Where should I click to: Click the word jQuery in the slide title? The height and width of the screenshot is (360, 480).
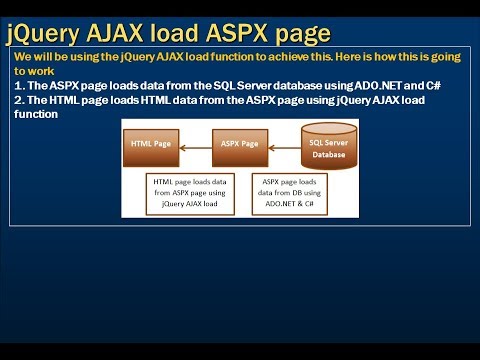click(x=44, y=34)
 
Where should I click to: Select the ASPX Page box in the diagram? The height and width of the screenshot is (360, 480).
click(x=237, y=145)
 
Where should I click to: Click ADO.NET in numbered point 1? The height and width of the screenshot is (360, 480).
click(x=381, y=85)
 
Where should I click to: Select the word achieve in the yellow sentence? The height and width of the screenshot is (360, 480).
click(x=263, y=57)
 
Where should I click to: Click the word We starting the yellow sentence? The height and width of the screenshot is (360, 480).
click(x=23, y=57)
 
